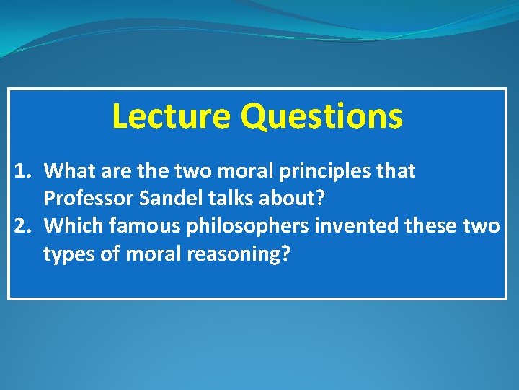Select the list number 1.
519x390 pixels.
23,171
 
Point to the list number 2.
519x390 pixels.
23,226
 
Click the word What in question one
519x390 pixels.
68,171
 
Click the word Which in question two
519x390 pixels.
72,226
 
